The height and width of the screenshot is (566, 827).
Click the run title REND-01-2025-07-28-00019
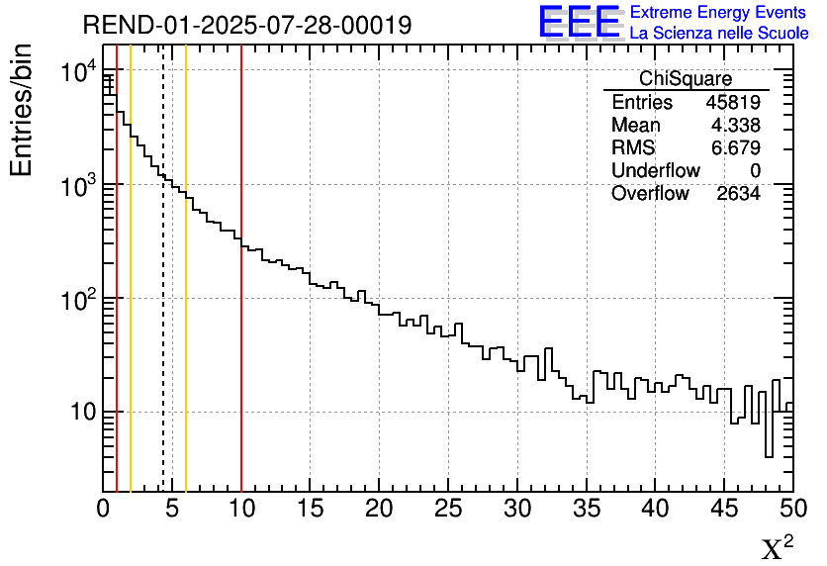(247, 26)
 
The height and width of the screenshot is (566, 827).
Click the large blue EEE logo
(579, 22)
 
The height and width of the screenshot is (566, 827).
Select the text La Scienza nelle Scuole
(718, 34)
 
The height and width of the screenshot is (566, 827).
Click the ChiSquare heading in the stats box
(686, 79)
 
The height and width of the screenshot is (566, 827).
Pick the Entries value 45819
(733, 103)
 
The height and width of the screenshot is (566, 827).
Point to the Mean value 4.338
(735, 126)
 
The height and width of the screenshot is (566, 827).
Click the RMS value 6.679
(735, 148)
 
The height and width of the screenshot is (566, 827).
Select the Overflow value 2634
(738, 194)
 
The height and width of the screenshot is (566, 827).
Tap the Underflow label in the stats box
(655, 171)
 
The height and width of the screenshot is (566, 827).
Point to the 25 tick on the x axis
(448, 510)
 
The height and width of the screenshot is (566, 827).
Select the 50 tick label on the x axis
(792, 510)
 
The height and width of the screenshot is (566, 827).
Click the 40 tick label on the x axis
(655, 510)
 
